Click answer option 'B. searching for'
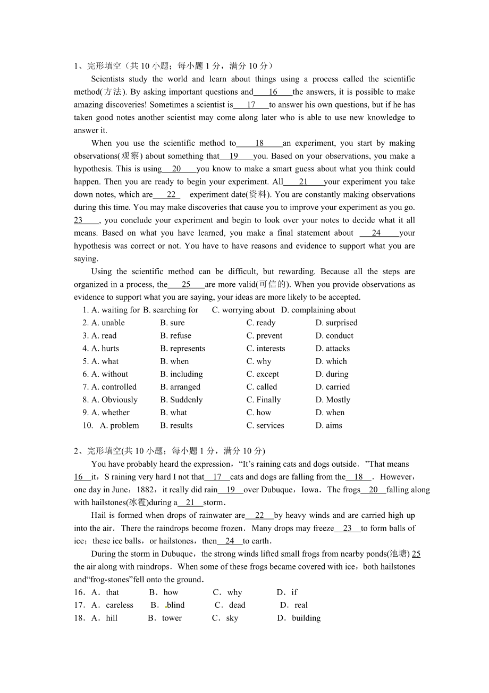click(x=171, y=310)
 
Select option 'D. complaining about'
click(x=318, y=310)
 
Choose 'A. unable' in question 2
click(x=108, y=323)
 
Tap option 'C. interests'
click(x=266, y=348)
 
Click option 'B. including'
click(x=181, y=374)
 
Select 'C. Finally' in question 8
click(x=264, y=400)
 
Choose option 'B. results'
click(x=176, y=425)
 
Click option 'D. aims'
click(x=329, y=425)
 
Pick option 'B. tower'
click(x=165, y=618)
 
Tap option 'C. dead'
click(x=231, y=605)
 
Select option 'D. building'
click(x=299, y=618)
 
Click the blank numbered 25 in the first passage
click(x=186, y=284)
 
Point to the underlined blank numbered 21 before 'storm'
click(x=190, y=502)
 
